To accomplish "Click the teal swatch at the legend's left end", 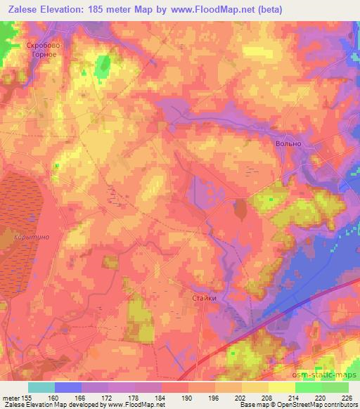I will click(x=41, y=387).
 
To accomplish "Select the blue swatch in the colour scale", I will click(x=67, y=387).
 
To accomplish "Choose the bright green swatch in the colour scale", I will click(x=308, y=387).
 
